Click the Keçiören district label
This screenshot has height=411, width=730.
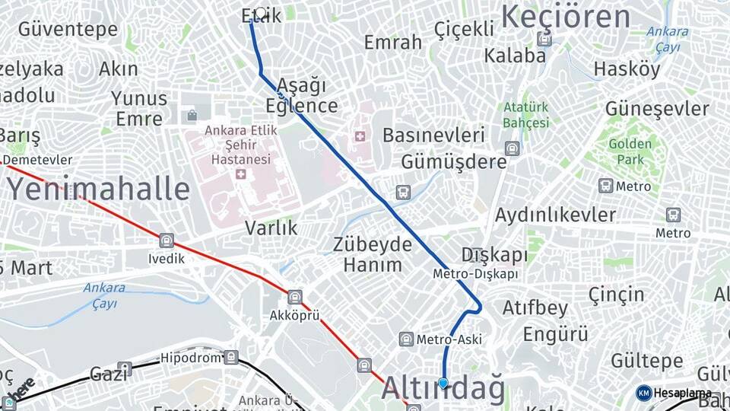point(566,17)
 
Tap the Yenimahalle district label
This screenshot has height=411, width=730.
point(98,189)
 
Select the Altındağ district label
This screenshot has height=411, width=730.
point(443,389)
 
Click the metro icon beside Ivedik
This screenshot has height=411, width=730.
point(167,241)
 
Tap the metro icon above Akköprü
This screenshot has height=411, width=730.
point(295,297)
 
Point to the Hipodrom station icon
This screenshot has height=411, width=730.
point(230,357)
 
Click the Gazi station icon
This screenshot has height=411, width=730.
point(124,369)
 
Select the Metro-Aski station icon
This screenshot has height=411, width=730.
point(406,339)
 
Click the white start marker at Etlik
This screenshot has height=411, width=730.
point(262,13)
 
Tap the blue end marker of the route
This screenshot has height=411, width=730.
point(443,384)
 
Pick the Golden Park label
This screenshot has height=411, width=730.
point(630,151)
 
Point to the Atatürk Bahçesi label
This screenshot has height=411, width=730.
point(525,115)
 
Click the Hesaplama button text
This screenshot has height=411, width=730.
point(682,393)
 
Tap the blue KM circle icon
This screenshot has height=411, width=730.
point(643,393)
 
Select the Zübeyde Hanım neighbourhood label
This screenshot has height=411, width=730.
point(373,255)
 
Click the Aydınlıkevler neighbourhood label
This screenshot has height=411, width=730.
point(555,215)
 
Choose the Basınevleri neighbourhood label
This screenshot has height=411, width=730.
point(433,135)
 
